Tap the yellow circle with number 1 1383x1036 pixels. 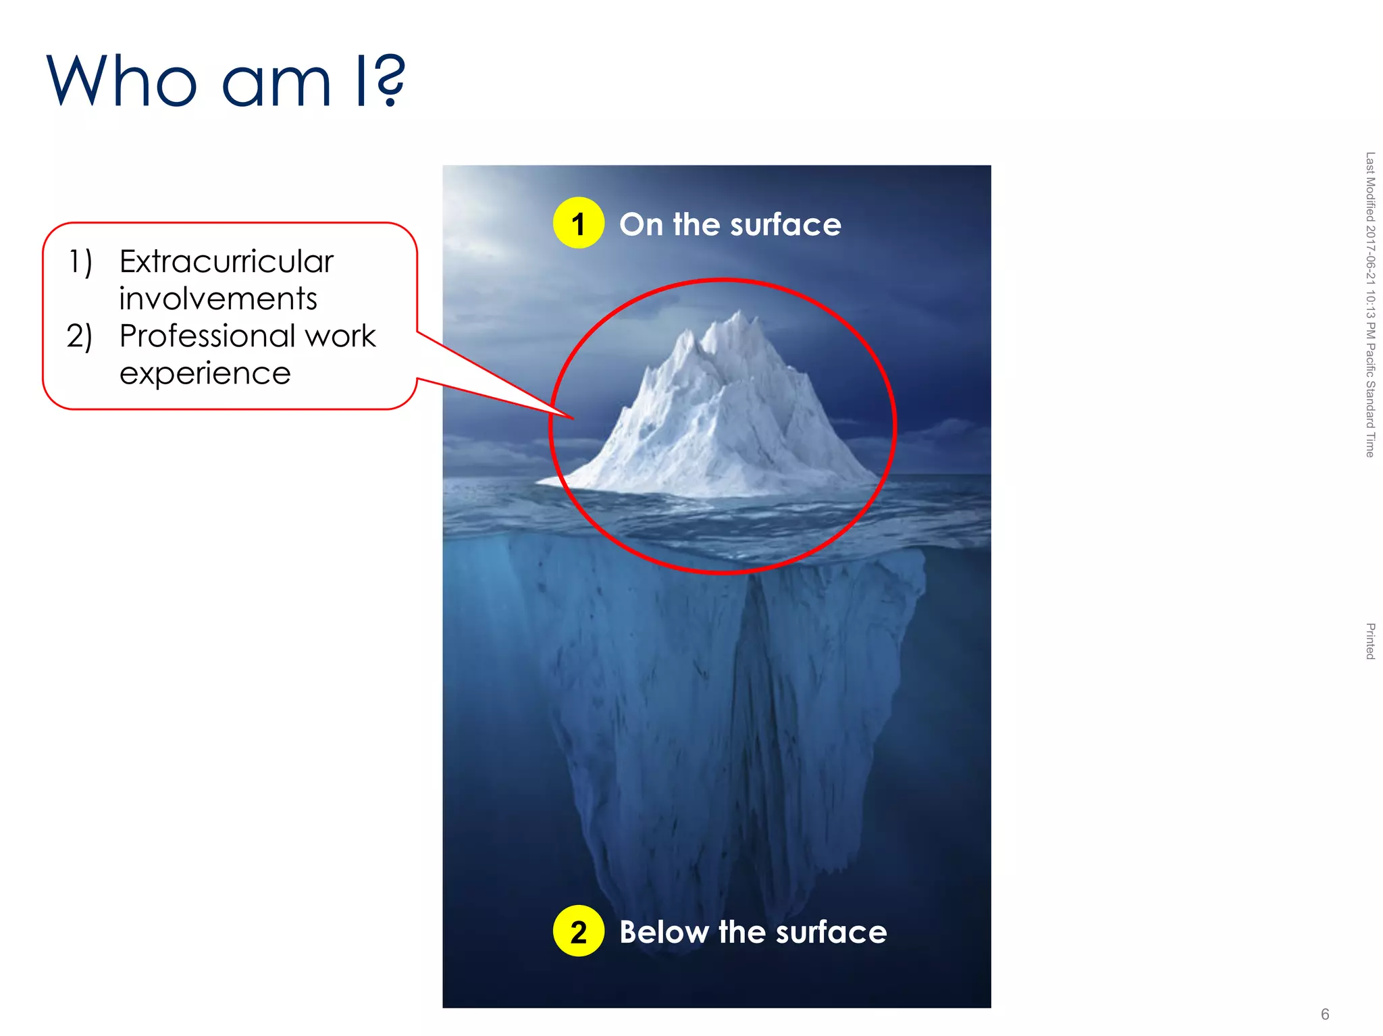point(578,224)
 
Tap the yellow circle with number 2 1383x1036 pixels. point(578,931)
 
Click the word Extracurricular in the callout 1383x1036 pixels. point(226,262)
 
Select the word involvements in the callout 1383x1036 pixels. point(217,299)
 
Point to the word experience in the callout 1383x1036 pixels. point(205,373)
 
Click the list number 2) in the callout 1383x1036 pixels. point(79,336)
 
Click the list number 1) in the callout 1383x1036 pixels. point(80,262)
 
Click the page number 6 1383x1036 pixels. point(1325,1014)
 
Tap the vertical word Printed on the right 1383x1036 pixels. point(1370,641)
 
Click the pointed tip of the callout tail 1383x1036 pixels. point(573,419)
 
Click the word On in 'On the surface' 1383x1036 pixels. point(641,225)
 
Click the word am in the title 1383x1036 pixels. point(277,82)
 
